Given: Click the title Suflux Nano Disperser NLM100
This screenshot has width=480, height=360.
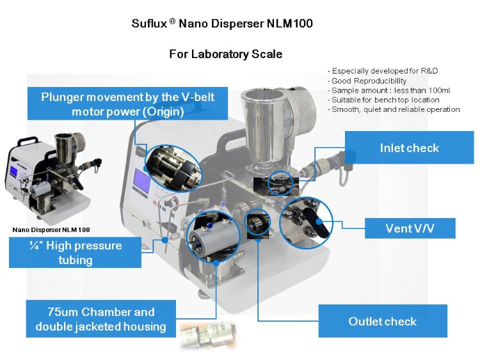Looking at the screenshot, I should tap(222, 24).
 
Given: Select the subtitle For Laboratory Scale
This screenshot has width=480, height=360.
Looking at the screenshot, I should tap(225, 54).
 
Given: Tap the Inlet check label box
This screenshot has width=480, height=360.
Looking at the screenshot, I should tap(409, 148).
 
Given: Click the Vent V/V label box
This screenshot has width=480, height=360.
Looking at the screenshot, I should tap(410, 228).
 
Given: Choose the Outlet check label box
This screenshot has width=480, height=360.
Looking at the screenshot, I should tap(382, 321).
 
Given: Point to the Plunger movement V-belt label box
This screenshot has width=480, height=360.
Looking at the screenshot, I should tap(128, 104).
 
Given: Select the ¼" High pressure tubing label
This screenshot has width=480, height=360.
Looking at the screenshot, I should tap(75, 252).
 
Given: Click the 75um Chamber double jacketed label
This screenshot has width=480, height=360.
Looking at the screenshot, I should tap(100, 319).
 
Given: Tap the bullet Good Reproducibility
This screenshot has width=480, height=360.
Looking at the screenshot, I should tap(369, 81).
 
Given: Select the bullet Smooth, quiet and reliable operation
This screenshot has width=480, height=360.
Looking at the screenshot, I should tap(395, 109).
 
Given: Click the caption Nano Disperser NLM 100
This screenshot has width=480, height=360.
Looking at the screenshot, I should tap(51, 229).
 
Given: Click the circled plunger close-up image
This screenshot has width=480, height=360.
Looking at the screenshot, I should tap(173, 168).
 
